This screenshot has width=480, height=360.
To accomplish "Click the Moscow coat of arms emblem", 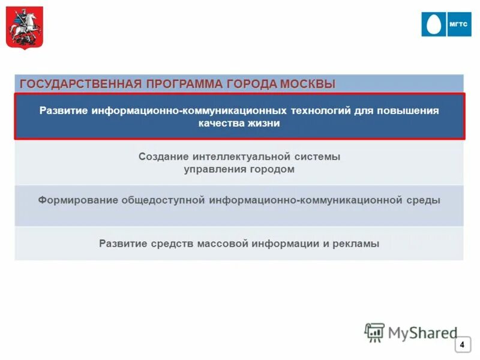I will (25, 28).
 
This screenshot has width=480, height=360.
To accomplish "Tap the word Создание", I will (163, 157).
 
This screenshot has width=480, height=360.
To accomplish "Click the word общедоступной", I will (164, 200).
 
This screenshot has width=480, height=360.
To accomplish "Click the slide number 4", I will (462, 345).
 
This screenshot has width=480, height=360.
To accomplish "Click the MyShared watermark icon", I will (374, 332).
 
